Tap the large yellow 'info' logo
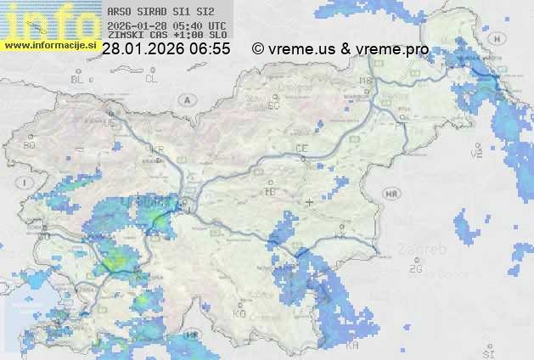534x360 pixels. (49, 20)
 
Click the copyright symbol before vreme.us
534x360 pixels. (258, 49)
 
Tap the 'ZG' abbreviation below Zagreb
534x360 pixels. (415, 269)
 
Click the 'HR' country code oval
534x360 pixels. (391, 194)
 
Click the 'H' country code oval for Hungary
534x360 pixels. (502, 39)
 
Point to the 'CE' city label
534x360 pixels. (301, 149)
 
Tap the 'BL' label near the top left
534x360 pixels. (79, 79)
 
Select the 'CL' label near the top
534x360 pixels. (151, 79)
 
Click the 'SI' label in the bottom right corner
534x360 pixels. (487, 352)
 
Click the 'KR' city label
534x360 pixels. (157, 149)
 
